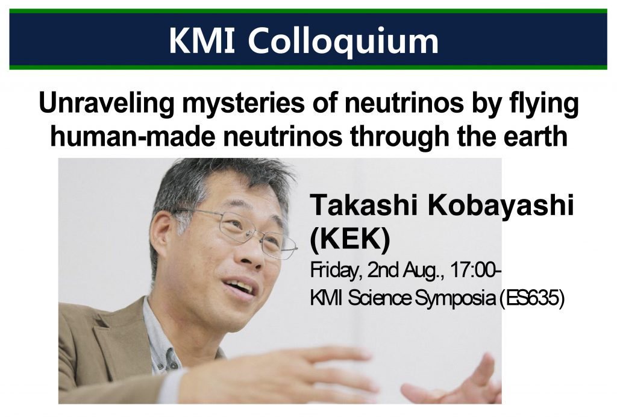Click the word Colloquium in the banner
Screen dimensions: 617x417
[x=343, y=42]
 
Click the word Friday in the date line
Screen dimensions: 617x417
[x=336, y=271]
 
